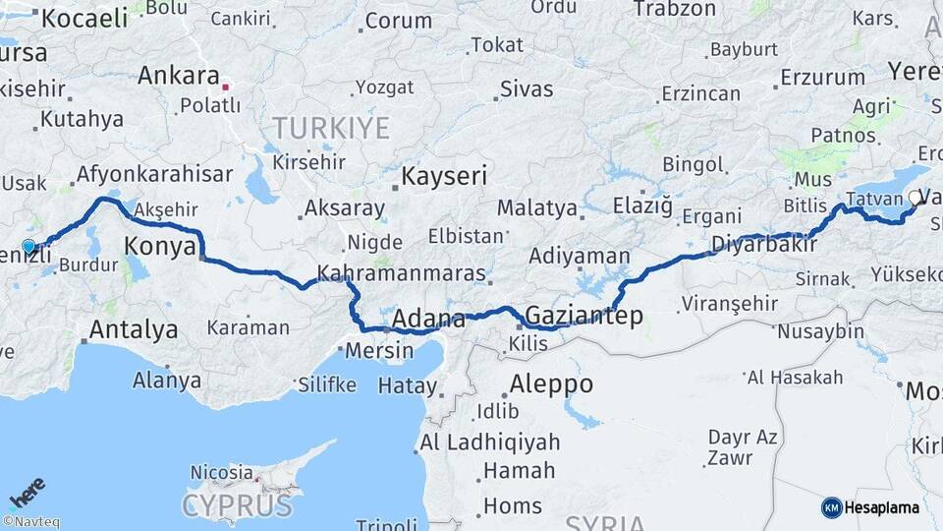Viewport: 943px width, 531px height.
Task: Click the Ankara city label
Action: click(x=178, y=76)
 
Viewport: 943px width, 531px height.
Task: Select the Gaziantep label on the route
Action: click(x=584, y=316)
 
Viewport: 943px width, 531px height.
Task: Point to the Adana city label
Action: click(x=428, y=319)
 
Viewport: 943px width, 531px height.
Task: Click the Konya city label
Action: click(x=161, y=247)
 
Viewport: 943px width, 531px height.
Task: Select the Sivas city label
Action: click(x=527, y=88)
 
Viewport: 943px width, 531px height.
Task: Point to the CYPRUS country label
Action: click(x=237, y=506)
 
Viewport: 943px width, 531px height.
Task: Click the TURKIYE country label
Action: click(x=331, y=128)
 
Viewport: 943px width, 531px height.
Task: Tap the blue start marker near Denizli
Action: click(x=28, y=247)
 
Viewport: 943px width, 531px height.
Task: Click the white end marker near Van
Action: click(x=915, y=198)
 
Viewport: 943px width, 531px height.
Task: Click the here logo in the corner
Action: click(x=27, y=491)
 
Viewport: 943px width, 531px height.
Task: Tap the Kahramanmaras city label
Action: click(x=402, y=273)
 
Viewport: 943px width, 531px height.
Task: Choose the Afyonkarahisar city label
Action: click(x=155, y=175)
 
